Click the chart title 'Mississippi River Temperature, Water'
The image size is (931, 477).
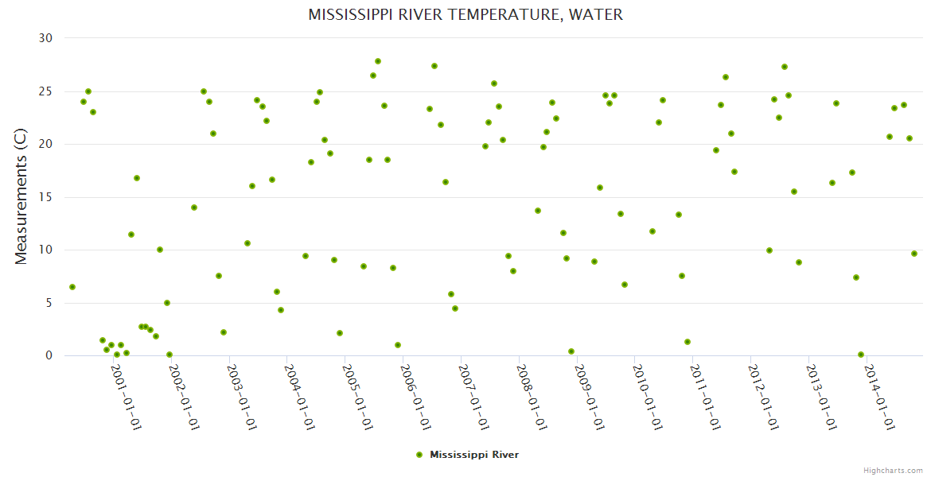[x=465, y=15]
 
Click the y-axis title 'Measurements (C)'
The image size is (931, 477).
[x=21, y=197]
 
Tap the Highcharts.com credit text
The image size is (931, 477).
[x=893, y=470]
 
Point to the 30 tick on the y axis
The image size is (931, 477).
[x=45, y=38]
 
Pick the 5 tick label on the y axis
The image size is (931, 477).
[x=49, y=303]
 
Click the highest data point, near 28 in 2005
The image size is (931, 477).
[x=378, y=61]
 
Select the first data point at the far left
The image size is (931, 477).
[x=72, y=287]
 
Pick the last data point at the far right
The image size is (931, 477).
[x=914, y=254]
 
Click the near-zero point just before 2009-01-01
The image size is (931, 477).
[x=571, y=351]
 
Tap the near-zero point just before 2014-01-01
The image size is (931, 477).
[x=861, y=355]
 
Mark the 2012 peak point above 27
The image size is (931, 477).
[x=785, y=67]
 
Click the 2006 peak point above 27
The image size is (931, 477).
[x=434, y=66]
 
